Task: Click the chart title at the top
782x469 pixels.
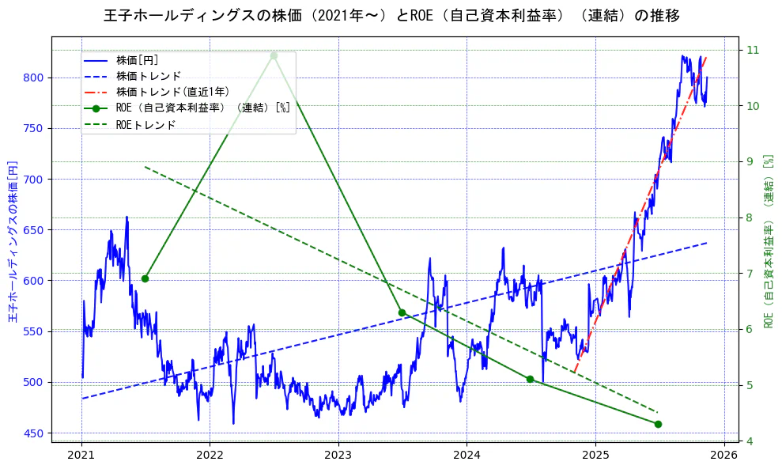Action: coord(391,16)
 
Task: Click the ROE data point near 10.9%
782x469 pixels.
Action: coord(274,55)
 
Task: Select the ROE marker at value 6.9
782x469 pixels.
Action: coord(145,278)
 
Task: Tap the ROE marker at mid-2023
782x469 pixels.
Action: coord(402,312)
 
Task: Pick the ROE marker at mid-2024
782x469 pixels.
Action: coord(530,379)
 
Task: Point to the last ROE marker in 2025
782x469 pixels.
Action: coord(658,424)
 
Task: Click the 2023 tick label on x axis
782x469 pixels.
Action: coord(338,455)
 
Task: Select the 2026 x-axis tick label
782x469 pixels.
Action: coord(723,455)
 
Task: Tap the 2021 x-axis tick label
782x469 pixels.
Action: coord(81,455)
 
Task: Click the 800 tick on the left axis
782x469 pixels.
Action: coord(35,78)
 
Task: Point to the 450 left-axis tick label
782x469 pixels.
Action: coord(35,433)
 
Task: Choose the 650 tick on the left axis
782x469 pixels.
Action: coord(35,230)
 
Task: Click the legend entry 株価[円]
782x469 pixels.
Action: coord(137,60)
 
